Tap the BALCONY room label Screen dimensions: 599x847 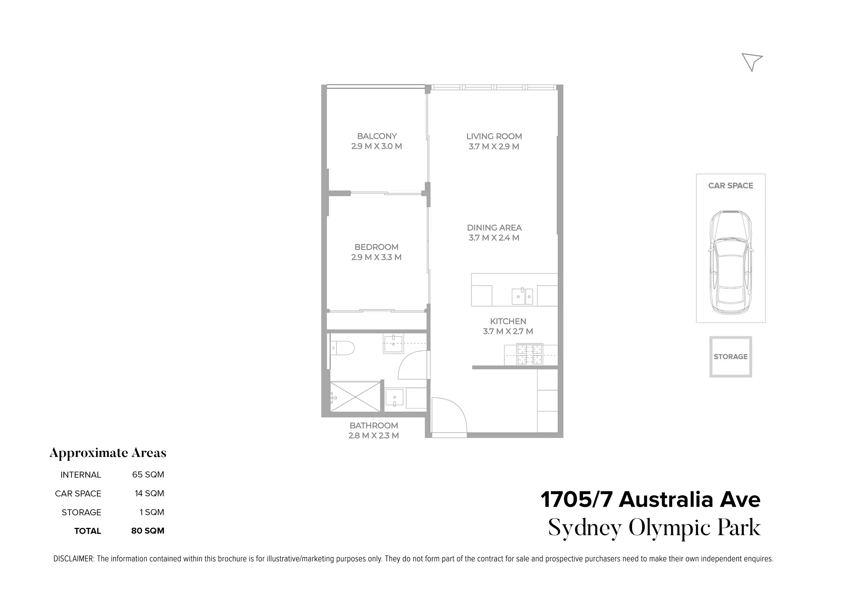[x=377, y=136]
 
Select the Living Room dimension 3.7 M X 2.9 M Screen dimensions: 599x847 [x=494, y=146]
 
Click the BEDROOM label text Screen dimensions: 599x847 [x=376, y=247]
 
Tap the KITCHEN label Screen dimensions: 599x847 [x=508, y=321]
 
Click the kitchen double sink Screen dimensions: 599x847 [x=522, y=297]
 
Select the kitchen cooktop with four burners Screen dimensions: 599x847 [x=530, y=354]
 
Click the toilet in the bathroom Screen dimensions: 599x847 [x=343, y=348]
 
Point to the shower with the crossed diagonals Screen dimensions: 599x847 [x=355, y=397]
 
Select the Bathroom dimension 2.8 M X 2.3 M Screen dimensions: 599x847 [x=374, y=435]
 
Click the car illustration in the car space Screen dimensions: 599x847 [x=730, y=262]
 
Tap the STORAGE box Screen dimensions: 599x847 [x=730, y=357]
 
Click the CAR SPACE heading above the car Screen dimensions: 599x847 [x=730, y=185]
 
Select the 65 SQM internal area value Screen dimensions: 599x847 [x=148, y=474]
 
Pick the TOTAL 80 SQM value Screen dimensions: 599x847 [x=148, y=531]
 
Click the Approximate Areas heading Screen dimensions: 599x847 [x=108, y=453]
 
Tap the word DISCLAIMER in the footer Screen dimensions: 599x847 [x=74, y=558]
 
